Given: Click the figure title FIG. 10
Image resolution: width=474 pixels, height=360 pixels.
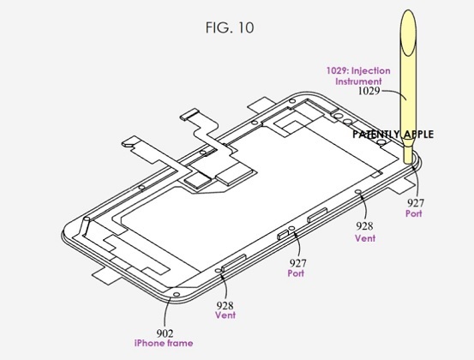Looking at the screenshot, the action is [230, 27].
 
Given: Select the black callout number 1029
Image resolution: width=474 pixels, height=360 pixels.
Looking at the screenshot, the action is [369, 91].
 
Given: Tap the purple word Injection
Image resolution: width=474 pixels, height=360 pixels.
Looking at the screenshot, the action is [370, 71].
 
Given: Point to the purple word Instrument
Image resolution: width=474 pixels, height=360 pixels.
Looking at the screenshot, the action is [358, 81].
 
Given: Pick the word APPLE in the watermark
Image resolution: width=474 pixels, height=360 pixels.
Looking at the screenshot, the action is [417, 135].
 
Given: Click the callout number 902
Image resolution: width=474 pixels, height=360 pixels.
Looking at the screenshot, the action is [165, 333].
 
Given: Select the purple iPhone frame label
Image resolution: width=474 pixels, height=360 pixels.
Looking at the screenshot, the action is [164, 343].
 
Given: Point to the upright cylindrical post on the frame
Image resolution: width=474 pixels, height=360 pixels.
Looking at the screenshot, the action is [86, 226].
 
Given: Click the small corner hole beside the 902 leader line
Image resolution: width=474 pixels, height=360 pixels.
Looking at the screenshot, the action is [176, 294].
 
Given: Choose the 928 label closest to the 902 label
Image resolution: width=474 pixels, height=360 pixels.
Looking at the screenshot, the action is [225, 306].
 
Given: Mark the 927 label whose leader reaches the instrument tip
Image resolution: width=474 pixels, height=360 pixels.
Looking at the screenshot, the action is [416, 203].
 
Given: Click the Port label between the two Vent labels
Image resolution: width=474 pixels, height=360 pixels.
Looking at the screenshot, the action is [296, 273].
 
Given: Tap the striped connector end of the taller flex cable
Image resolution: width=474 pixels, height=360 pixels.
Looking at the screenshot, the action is [189, 114].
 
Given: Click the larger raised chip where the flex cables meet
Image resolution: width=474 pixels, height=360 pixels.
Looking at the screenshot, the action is [232, 177].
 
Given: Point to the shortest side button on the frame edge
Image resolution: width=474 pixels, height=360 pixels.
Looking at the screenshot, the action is [283, 235].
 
